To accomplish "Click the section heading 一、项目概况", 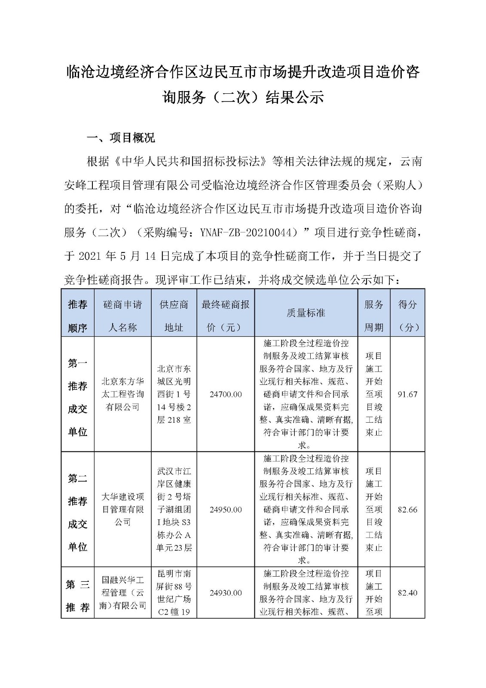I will (x=121, y=138).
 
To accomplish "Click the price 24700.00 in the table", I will (x=226, y=394).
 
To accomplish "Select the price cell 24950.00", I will (x=226, y=510).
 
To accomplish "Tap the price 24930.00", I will (x=226, y=593).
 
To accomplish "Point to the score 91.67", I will (x=407, y=394).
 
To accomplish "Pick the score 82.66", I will (x=407, y=510).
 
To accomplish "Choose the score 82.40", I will (x=407, y=593).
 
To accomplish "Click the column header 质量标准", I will (x=306, y=313).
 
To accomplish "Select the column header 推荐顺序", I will (x=77, y=316).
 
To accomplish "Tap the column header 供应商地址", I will (x=174, y=316).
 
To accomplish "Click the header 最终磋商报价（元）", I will (x=226, y=316).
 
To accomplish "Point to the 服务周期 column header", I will (x=374, y=316).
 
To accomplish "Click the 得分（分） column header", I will (x=407, y=316).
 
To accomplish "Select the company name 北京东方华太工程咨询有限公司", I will (x=122, y=394).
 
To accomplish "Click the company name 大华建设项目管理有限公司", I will (x=122, y=510).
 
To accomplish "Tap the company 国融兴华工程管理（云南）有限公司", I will (x=122, y=593).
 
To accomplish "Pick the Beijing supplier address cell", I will (x=174, y=394).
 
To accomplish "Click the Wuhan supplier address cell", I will (x=174, y=510).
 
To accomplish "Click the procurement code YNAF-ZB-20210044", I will (x=249, y=233).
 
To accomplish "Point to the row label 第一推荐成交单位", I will (x=77, y=398).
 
